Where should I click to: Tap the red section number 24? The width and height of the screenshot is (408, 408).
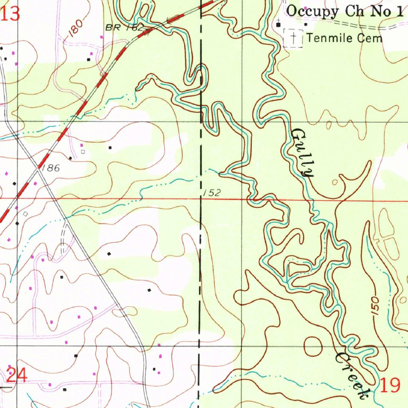pos(17,375)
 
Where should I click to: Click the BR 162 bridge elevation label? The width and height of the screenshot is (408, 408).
pos(124,28)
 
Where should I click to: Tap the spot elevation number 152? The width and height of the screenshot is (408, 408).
pos(211,193)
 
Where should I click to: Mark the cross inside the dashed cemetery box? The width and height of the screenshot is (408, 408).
pos(293,38)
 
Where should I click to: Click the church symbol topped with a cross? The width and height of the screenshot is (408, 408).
pos(279,24)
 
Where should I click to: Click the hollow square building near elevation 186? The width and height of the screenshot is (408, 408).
pos(83,151)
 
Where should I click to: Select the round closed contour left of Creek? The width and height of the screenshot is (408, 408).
pos(313,346)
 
